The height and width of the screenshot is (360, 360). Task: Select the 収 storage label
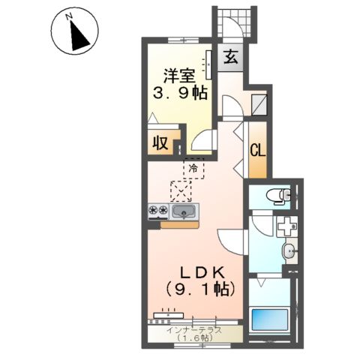(x=160, y=143)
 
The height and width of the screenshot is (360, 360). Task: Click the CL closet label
(x=257, y=149)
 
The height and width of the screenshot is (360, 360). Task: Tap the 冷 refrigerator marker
(x=193, y=167)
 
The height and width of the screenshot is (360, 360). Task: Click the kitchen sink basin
(x=184, y=212)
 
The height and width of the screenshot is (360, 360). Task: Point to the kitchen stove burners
(x=157, y=211)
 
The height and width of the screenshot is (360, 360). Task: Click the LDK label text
(x=200, y=271)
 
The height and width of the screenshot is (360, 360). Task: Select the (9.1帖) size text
(x=200, y=288)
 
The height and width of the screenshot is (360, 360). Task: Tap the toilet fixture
(x=280, y=195)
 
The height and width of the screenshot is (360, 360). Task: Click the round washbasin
(x=289, y=250)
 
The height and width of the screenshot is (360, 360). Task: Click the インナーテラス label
(x=194, y=329)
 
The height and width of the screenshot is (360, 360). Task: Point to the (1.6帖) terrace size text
(x=194, y=338)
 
